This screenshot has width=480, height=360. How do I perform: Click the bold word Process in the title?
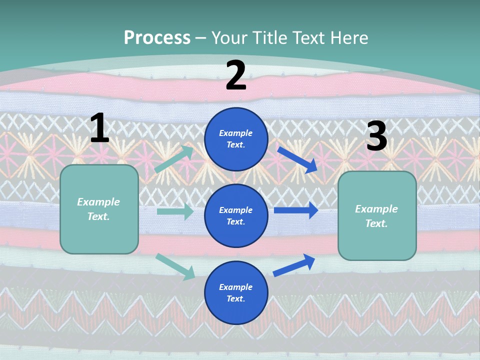(x=157, y=37)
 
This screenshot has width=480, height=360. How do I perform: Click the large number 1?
(x=99, y=128)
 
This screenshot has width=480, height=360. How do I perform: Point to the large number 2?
(x=236, y=75)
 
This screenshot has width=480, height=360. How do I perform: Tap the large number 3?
(x=376, y=136)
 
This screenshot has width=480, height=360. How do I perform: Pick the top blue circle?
(x=236, y=139)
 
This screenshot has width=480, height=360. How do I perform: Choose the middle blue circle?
(x=236, y=215)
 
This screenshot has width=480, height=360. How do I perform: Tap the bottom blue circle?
(x=236, y=292)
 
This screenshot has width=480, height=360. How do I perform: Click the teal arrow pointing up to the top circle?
(x=173, y=159)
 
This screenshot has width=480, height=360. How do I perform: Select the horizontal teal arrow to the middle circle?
(x=175, y=211)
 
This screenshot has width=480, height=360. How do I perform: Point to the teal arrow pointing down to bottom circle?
(x=175, y=266)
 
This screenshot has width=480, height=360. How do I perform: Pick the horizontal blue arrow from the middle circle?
(x=296, y=210)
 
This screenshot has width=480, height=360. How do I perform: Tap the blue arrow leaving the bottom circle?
(x=294, y=265)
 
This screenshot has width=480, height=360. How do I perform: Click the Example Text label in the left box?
(x=98, y=209)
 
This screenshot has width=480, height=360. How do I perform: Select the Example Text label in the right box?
(x=376, y=216)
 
